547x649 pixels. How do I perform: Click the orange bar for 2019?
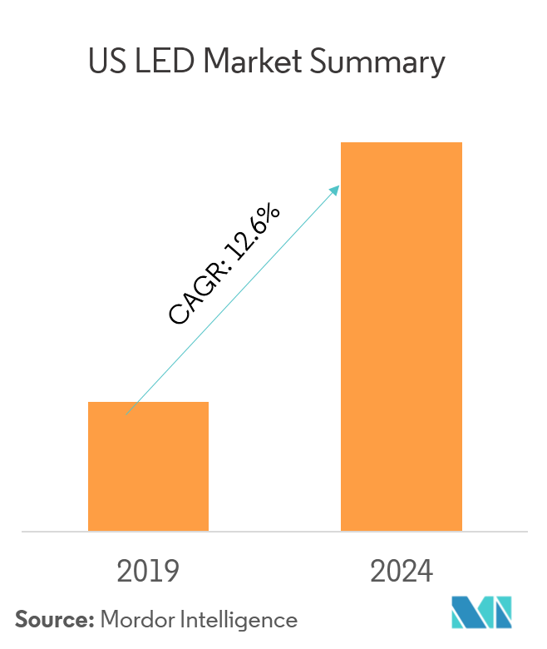148,466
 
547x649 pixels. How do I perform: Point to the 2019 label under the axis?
148,572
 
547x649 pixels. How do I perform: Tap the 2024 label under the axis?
402,572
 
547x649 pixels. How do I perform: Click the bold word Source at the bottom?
52,619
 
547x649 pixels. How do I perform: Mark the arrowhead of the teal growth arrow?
337,188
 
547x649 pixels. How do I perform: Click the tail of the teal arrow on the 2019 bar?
128,412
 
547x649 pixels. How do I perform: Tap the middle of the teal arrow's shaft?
233,300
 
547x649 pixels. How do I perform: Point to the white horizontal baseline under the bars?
274,531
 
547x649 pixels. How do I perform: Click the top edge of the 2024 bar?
402,143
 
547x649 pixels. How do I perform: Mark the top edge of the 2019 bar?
148,403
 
